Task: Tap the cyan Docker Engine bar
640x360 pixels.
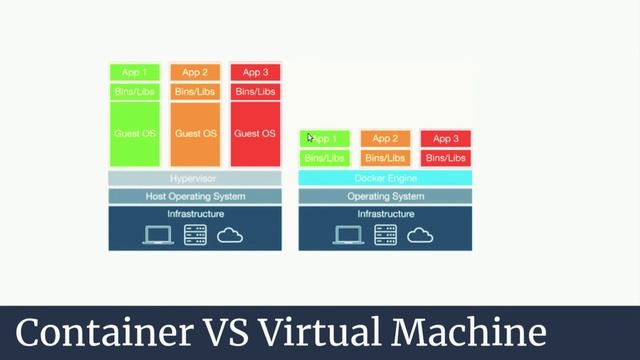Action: point(385,179)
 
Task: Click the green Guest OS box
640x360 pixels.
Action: point(134,134)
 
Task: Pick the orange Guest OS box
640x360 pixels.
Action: point(196,134)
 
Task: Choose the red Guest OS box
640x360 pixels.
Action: point(255,134)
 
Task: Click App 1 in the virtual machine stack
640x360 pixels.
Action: point(134,72)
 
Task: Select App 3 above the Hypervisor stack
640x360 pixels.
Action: point(255,72)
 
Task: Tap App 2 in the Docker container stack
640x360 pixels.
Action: point(385,139)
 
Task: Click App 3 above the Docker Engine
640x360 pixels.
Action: point(445,139)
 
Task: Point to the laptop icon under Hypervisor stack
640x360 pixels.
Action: point(158,235)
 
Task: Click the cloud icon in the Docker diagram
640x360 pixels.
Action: point(419,235)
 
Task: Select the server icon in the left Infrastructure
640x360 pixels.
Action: point(195,235)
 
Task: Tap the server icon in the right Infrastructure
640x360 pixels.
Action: point(385,235)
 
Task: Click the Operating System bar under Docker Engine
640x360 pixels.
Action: point(385,196)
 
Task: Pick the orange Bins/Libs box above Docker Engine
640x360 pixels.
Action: point(385,158)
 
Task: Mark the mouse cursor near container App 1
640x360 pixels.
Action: point(310,138)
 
